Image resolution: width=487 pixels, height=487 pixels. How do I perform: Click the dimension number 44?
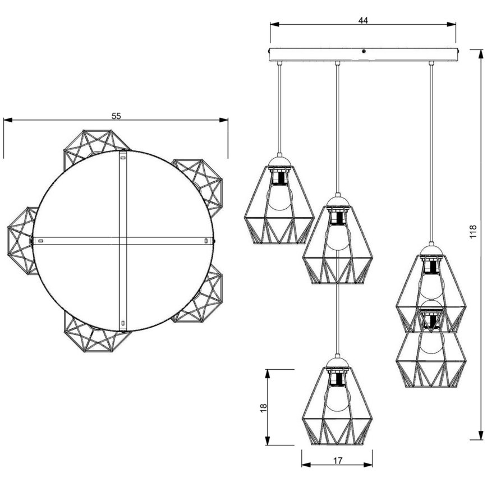363,20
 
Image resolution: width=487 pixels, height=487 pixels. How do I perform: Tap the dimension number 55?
116,116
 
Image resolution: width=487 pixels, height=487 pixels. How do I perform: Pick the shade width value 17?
338,461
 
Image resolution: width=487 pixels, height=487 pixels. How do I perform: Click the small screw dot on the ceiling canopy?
364,52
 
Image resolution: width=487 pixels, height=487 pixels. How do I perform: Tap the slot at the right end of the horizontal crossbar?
206,241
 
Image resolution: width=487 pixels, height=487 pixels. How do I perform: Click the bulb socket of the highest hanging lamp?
279,178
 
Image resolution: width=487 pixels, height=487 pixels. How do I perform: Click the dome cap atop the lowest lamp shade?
337,362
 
